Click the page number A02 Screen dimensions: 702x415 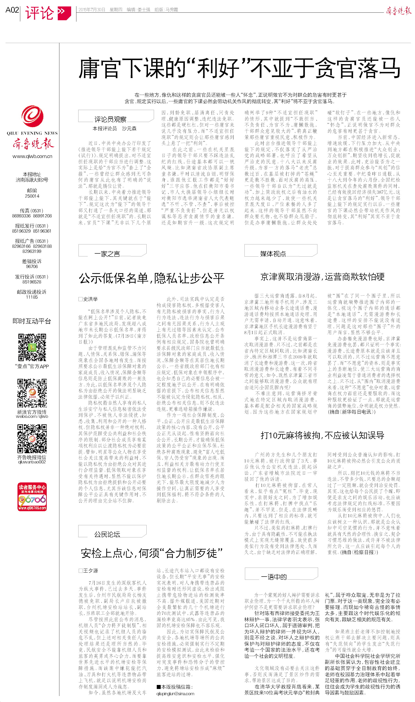(x=12, y=10)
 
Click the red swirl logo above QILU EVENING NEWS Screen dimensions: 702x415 (x=32, y=116)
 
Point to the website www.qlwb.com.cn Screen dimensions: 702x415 (x=32, y=156)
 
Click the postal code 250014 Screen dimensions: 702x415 (x=32, y=196)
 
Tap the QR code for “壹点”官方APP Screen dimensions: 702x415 (x=32, y=347)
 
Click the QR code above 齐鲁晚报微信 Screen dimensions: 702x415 (x=32, y=439)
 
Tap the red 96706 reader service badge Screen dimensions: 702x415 (x=32, y=497)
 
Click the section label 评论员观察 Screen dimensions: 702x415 (x=110, y=119)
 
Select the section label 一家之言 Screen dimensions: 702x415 (x=107, y=254)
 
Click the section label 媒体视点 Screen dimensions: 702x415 (x=273, y=254)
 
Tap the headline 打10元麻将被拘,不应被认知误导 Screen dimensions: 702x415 (x=322, y=435)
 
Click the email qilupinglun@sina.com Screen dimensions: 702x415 (x=175, y=693)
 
